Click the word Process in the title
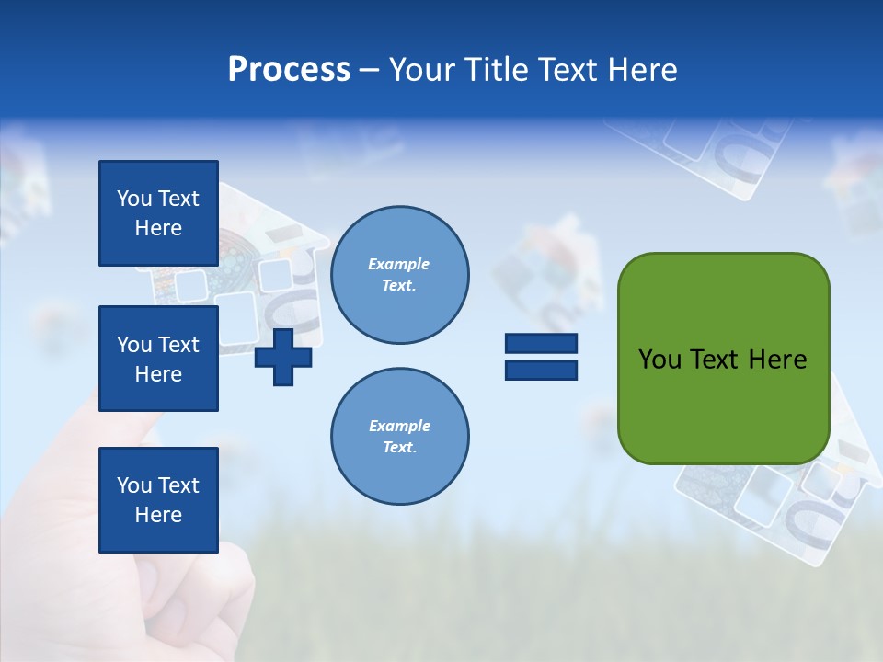[289, 70]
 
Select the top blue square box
[158, 213]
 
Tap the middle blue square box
[158, 359]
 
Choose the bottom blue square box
[158, 500]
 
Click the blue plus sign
[283, 357]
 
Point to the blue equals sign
[541, 357]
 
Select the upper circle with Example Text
[400, 275]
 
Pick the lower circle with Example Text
[400, 437]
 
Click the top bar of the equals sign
[541, 343]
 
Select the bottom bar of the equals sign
[541, 371]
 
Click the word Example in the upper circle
[399, 265]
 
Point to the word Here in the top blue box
[158, 228]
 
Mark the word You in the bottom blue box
[133, 485]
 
